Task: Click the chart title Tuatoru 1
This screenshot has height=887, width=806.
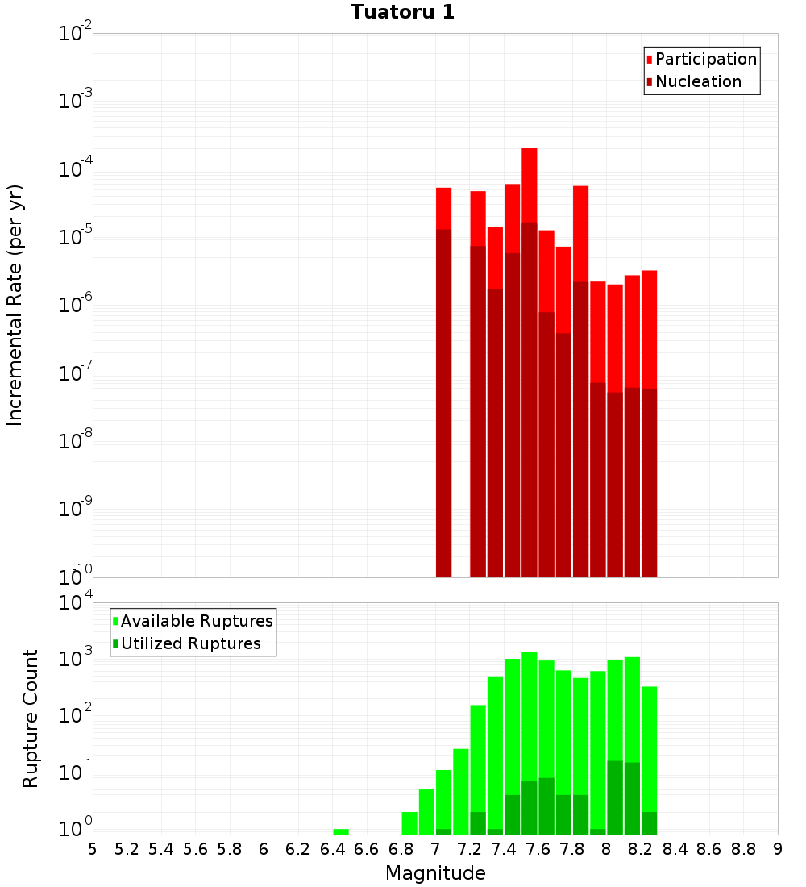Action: [402, 12]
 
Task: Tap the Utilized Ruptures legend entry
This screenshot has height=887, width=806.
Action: [190, 643]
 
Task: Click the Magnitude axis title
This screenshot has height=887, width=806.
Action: [435, 873]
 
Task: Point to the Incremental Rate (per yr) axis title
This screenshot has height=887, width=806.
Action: [15, 305]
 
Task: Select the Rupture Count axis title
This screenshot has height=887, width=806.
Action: [31, 718]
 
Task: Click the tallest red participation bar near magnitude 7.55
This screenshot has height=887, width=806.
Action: [530, 185]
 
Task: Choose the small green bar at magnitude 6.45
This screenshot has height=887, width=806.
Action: [341, 831]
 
